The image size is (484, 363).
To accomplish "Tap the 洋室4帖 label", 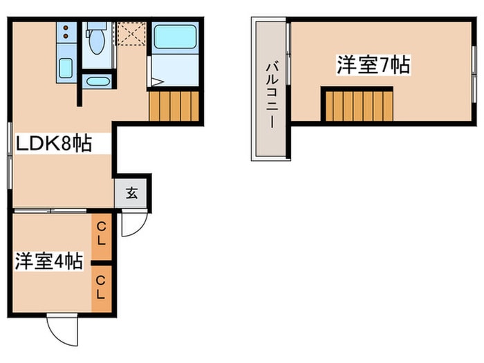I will click(49, 261).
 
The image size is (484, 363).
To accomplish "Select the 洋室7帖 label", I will click(373, 66).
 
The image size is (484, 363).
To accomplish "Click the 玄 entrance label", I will click(131, 193).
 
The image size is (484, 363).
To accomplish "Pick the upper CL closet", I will click(102, 234).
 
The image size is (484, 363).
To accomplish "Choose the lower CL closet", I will click(102, 287).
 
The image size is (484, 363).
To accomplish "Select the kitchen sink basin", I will click(66, 68).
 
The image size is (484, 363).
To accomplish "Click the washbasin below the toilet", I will click(97, 82).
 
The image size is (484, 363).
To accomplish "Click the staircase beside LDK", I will click(174, 106).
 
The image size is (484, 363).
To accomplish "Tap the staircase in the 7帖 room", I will click(358, 106).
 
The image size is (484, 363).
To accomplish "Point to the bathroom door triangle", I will click(156, 82).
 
